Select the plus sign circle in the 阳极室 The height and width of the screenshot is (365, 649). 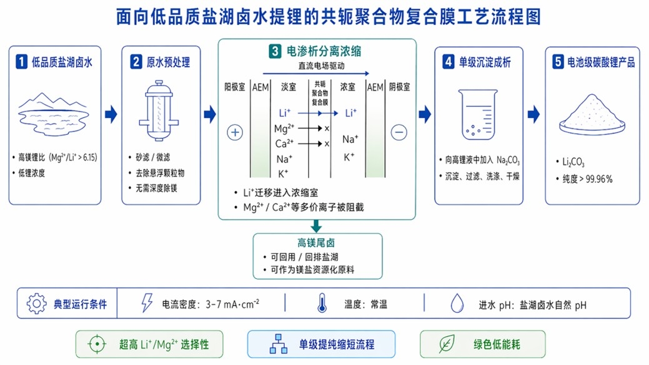point(235,132)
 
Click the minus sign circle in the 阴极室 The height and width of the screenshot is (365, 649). point(399,132)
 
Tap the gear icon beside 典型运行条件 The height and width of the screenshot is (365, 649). point(37,304)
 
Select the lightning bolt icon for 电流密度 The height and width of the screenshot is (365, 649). point(147,304)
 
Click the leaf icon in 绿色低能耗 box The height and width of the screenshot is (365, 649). point(447,344)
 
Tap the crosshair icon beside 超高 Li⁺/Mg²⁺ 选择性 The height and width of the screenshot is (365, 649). point(97,344)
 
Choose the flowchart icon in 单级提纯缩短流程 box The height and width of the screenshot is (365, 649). point(277,344)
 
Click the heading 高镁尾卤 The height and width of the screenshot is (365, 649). point(317,243)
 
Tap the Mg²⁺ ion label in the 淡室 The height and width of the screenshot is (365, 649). point(284,129)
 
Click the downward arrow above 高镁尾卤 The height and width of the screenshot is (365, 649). point(317,225)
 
